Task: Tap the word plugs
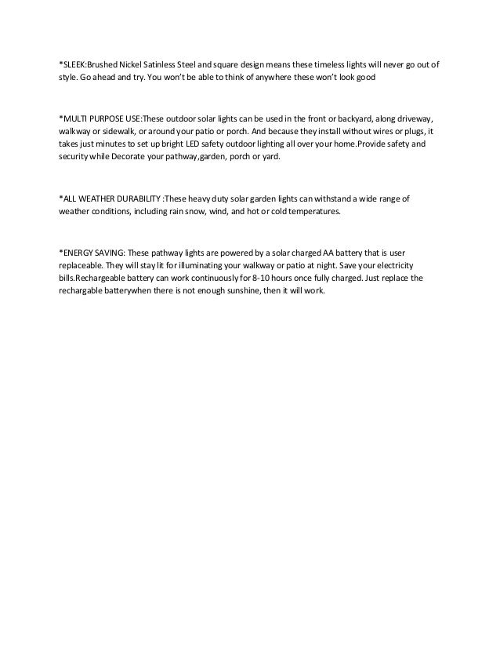point(419,130)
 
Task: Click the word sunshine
point(241,292)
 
